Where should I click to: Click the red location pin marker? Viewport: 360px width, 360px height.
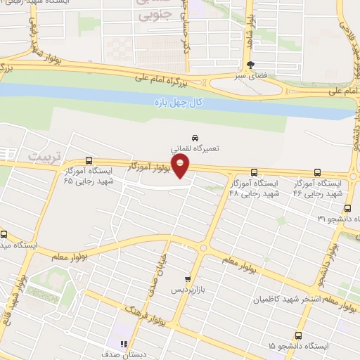click(x=181, y=167)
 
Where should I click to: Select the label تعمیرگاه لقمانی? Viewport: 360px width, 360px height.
click(x=195, y=149)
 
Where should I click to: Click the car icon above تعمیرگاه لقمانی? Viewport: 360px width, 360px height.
click(x=195, y=136)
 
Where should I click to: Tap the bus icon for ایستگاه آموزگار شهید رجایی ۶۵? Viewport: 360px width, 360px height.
click(x=88, y=160)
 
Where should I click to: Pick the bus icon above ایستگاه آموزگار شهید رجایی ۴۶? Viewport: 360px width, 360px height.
click(x=317, y=172)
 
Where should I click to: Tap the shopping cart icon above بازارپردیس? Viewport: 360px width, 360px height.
click(x=187, y=278)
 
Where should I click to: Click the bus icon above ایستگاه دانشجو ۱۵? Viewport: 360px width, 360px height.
click(x=298, y=335)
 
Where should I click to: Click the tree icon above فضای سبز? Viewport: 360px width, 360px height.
click(x=251, y=63)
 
